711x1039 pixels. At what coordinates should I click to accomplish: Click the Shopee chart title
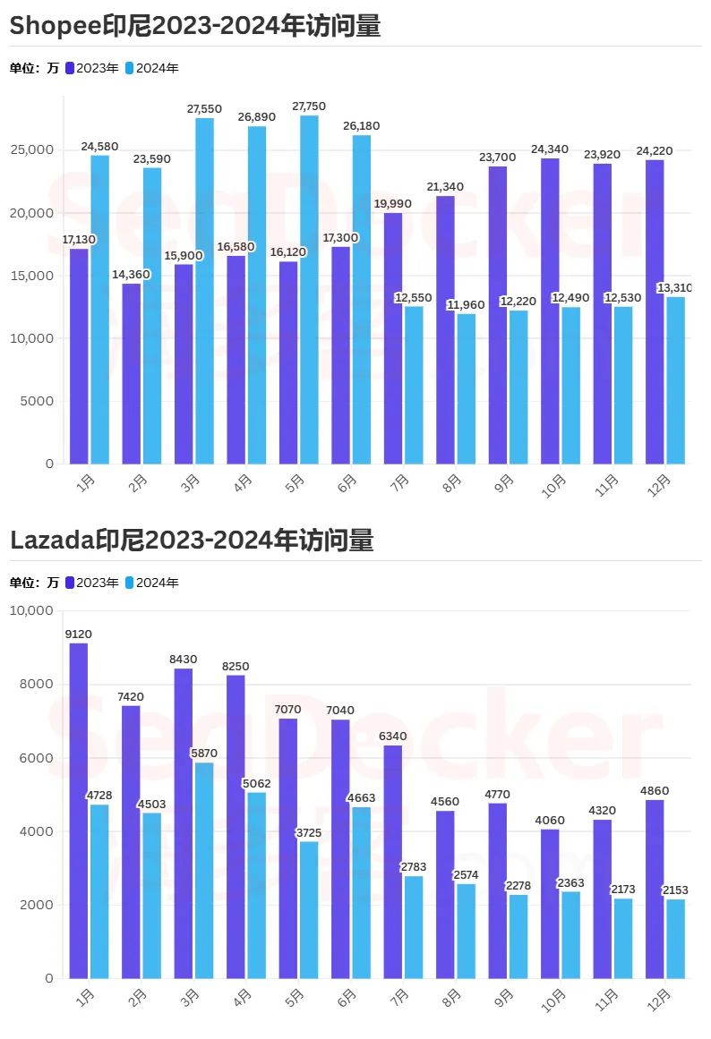coord(195,27)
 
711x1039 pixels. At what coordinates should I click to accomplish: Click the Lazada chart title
coord(192,541)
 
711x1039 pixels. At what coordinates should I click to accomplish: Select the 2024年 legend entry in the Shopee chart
coord(151,68)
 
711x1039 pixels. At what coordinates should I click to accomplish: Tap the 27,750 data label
coord(310,106)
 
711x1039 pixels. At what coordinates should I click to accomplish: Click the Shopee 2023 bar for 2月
coord(132,373)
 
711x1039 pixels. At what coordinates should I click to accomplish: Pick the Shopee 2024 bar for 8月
coord(467,388)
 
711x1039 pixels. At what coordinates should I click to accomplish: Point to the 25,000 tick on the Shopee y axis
coord(31,150)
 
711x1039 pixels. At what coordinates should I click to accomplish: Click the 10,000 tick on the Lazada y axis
coord(31,610)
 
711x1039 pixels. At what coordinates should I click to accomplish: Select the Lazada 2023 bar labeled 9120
coord(79,810)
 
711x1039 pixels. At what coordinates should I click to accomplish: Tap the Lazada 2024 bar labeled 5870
coord(204,870)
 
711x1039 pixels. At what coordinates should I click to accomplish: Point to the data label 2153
coord(675,890)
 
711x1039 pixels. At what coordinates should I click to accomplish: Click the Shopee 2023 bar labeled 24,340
coord(550,311)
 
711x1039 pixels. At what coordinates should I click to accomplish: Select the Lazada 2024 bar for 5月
coord(309,909)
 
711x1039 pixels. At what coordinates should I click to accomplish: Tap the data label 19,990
coord(393,204)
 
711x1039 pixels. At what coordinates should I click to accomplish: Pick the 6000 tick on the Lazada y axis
coord(37,758)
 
